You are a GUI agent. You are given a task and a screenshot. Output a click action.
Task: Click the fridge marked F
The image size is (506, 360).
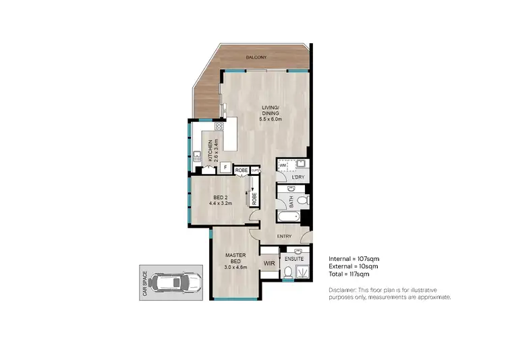click(223, 169)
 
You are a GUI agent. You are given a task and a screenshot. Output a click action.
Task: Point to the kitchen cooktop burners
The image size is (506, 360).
click(219, 126)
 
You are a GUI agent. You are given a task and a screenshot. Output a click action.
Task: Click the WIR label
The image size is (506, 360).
click(268, 263)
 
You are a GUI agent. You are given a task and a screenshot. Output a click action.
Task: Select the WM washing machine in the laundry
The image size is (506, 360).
click(283, 164)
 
